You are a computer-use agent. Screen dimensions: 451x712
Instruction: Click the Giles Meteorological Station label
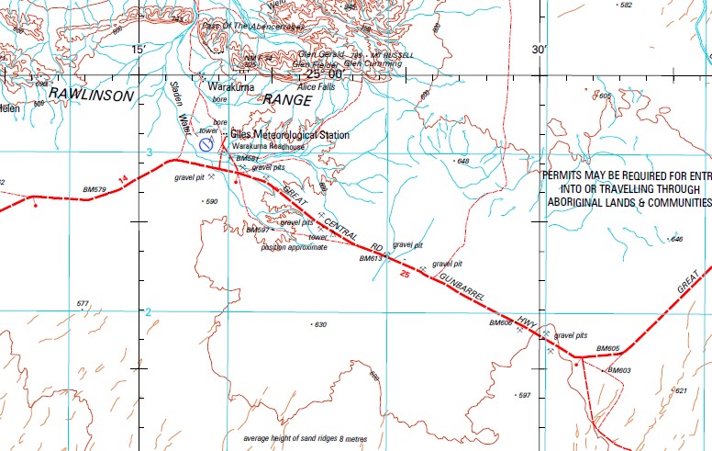pos(289,135)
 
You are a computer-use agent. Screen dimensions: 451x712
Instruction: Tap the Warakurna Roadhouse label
pos(267,147)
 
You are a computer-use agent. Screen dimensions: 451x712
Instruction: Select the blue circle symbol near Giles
pos(206,145)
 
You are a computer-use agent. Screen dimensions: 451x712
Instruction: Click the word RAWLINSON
pos(92,96)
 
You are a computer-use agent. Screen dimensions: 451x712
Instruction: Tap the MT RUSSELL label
pos(383,54)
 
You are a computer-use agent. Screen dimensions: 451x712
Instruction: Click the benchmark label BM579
pos(95,190)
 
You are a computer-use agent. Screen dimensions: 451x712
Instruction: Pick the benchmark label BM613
pos(371,259)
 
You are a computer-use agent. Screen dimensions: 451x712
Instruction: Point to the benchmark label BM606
pos(500,323)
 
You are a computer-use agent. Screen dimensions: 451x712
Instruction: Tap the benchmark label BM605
pos(608,349)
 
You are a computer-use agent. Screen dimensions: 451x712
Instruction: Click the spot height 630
pos(319,325)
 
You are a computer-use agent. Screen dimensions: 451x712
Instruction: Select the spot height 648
pos(462,162)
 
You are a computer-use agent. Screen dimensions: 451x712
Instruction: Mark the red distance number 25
pos(404,275)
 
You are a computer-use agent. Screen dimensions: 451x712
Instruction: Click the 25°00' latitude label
pos(326,73)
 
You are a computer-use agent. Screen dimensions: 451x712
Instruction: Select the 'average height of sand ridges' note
pos(305,438)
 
